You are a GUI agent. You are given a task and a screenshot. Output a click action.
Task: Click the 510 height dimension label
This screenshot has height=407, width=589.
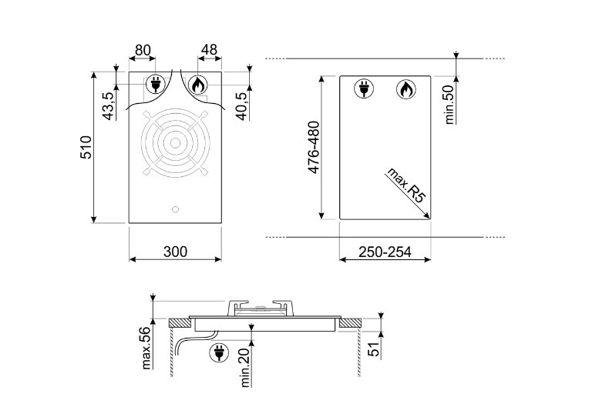86,147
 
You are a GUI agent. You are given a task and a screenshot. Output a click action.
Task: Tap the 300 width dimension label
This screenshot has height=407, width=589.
175,252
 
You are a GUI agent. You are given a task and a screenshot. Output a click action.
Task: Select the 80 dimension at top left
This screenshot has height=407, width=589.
143,50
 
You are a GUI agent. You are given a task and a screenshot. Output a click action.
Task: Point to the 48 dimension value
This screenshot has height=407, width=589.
209,50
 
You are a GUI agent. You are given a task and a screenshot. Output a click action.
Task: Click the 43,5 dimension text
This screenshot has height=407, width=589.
108,106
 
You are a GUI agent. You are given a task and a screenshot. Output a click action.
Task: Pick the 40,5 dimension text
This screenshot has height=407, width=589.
242,106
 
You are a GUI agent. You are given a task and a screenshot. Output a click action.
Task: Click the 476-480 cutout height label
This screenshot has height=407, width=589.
314,147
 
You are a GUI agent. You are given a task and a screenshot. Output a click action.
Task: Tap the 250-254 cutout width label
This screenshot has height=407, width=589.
385,252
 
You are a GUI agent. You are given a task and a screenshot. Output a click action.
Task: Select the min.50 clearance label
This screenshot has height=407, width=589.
449,105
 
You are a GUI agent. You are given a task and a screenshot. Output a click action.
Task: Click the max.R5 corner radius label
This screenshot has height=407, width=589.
406,185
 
